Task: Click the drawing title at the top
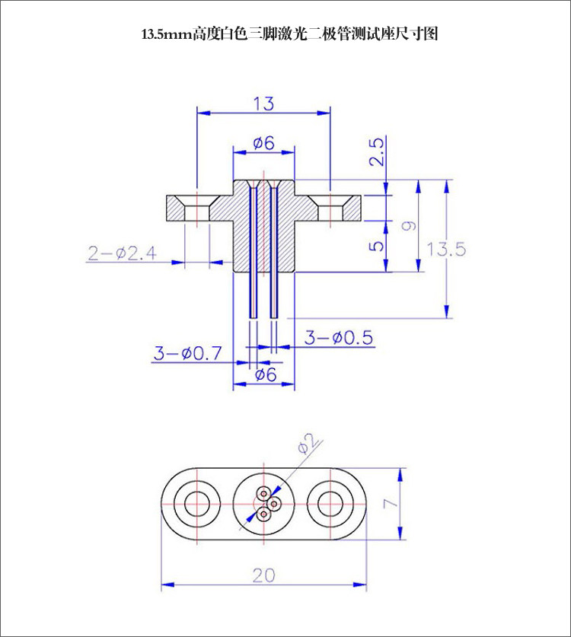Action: [289, 33]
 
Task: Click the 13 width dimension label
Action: [263, 104]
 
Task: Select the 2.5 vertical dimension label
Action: [377, 151]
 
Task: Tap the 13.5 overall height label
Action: [446, 249]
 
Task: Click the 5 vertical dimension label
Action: [377, 246]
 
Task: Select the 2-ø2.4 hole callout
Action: [123, 253]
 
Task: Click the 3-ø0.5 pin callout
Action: [339, 337]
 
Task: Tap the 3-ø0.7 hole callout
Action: [188, 353]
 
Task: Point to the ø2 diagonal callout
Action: [307, 443]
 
